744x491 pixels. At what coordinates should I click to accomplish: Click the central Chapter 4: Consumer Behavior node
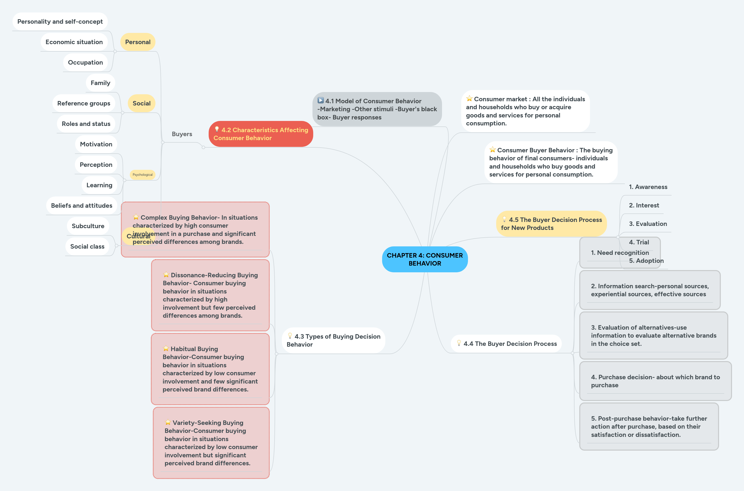[x=425, y=259]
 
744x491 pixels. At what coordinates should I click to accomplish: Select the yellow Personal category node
[x=138, y=42]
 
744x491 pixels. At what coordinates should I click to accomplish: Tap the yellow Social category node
[x=141, y=103]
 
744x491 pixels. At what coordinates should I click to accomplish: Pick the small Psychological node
[x=142, y=175]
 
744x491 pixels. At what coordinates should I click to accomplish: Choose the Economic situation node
[x=74, y=42]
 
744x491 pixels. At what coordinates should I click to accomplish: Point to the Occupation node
[x=85, y=62]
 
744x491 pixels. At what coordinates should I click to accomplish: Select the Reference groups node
[x=84, y=103]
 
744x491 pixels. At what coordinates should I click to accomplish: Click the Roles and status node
[x=86, y=124]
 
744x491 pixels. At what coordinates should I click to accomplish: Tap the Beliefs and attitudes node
[x=81, y=205]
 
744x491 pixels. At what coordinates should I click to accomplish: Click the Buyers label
[x=182, y=134]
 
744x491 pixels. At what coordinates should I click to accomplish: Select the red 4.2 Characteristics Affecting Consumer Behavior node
[x=261, y=134]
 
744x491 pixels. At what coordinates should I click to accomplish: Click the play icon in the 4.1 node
[x=320, y=100]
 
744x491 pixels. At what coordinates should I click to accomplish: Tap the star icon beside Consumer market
[x=469, y=99]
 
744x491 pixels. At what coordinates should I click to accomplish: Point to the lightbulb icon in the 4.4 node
[x=459, y=343]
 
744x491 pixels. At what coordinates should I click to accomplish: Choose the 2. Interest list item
[x=644, y=205]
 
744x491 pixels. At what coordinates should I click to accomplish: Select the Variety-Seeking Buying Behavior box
[x=211, y=443]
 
